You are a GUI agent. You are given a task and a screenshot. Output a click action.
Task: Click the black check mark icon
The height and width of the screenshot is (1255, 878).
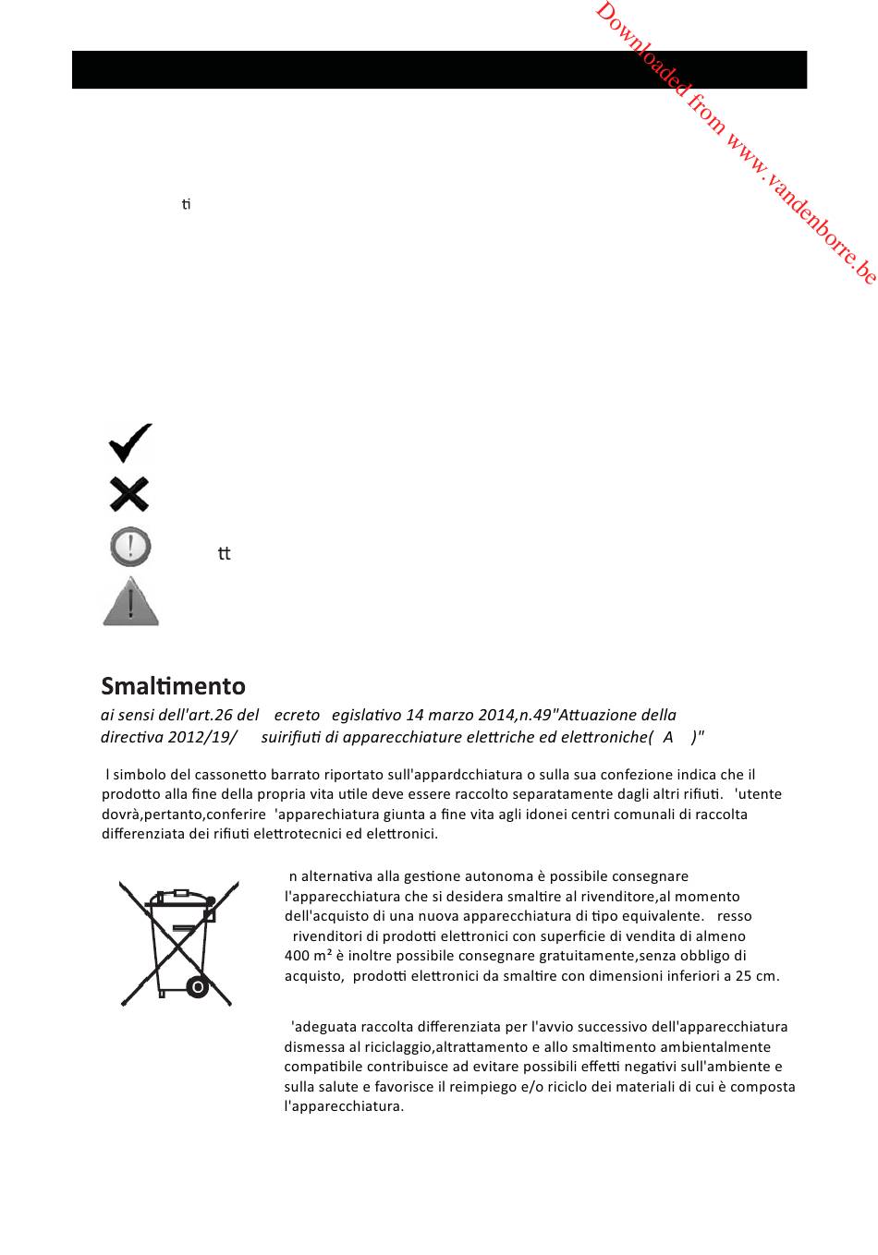tap(130, 442)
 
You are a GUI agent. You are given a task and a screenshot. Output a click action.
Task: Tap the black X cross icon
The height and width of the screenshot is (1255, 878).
tap(129, 494)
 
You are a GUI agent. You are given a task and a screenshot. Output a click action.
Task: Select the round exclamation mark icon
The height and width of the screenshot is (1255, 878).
tap(130, 547)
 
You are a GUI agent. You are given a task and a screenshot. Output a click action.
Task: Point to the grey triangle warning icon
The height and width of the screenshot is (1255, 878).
tap(130, 602)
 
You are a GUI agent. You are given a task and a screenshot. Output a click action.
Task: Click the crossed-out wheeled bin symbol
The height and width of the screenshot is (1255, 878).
tap(179, 943)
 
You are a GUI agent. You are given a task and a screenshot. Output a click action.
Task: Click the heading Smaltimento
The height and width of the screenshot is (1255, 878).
tap(173, 686)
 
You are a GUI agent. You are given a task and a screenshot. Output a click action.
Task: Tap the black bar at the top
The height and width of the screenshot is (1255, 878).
tap(439, 69)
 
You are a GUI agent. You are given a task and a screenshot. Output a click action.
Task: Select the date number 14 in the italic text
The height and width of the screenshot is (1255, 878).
tap(414, 715)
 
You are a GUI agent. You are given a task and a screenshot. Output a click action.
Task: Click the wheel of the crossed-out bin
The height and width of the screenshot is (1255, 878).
tap(197, 987)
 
